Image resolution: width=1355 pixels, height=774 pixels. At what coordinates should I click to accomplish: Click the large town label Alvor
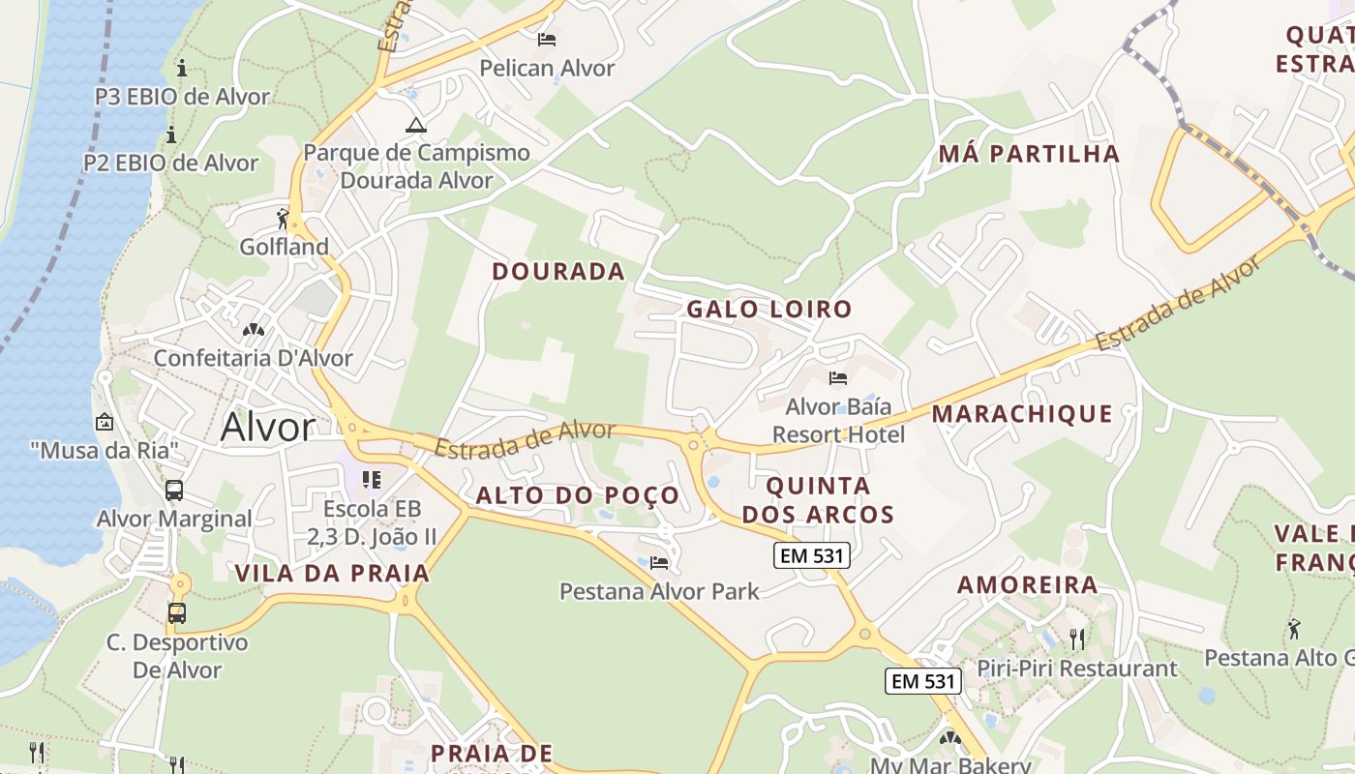[268, 427]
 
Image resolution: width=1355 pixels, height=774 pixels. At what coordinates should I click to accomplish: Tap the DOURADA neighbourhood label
[558, 272]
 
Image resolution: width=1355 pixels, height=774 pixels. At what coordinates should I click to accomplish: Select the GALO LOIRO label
[769, 310]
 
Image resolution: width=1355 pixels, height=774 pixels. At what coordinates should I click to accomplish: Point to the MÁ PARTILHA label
[1030, 154]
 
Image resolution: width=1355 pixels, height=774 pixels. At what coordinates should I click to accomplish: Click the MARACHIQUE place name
[1022, 415]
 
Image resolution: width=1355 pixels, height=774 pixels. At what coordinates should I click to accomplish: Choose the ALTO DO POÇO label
[578, 496]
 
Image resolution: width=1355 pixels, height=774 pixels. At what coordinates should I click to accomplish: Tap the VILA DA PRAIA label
[332, 574]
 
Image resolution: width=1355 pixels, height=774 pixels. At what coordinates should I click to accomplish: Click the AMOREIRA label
[1028, 585]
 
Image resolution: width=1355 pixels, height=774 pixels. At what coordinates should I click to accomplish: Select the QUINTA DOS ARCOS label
[818, 500]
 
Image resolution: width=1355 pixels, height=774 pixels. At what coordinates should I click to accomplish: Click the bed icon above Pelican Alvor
[547, 40]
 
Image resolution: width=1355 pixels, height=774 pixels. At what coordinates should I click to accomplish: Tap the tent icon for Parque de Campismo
[416, 125]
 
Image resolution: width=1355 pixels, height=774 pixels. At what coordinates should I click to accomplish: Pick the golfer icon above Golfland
[283, 219]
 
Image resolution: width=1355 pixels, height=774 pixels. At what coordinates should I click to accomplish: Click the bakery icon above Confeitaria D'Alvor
[254, 330]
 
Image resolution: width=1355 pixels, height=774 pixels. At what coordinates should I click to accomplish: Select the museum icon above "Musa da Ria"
[104, 422]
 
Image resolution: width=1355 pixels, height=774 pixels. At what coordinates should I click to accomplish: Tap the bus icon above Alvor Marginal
[174, 491]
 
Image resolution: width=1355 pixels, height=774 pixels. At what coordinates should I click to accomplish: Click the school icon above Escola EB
[372, 480]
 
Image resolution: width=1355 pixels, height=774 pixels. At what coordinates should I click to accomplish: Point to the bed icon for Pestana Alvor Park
[659, 562]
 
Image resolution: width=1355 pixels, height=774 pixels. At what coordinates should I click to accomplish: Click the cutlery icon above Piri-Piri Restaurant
[1076, 639]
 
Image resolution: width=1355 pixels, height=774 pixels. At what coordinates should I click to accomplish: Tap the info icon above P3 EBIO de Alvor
[182, 68]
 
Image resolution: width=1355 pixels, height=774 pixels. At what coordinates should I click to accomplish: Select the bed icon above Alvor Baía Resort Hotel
[838, 377]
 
